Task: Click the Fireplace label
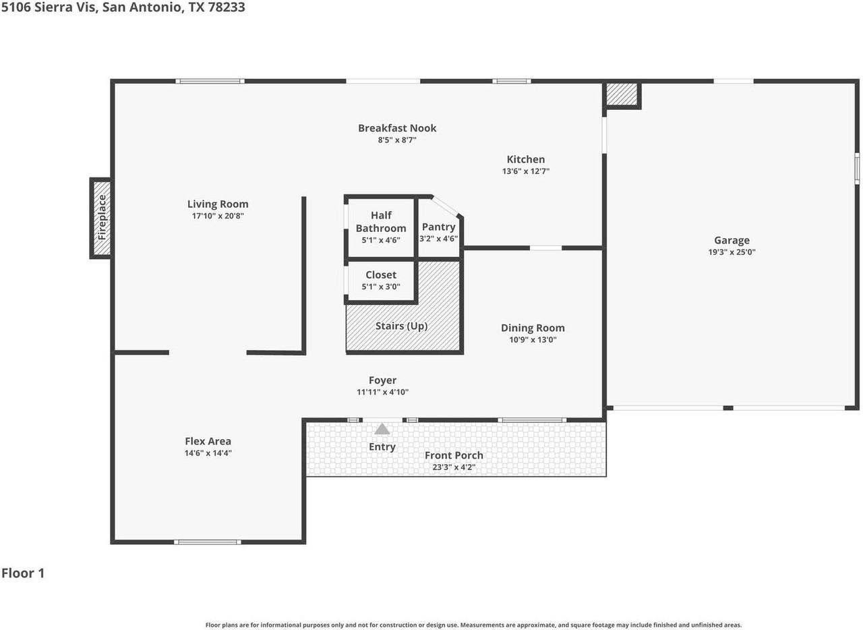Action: [x=102, y=217]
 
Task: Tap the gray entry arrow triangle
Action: [x=382, y=429]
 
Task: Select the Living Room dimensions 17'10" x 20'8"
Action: [x=218, y=216]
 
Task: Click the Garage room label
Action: [x=732, y=240]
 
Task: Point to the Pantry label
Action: [x=438, y=227]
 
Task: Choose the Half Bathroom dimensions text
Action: [x=381, y=240]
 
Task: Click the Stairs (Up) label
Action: [x=401, y=326]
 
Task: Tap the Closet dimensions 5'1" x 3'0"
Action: [x=381, y=287]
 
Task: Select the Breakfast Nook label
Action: [x=397, y=128]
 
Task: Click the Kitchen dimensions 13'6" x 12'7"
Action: [x=525, y=171]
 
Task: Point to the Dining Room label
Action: [x=533, y=328]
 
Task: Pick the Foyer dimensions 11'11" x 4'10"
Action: [x=382, y=392]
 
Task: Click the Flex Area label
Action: [x=208, y=441]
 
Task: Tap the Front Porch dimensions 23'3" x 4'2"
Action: [x=454, y=467]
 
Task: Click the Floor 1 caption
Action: [x=23, y=573]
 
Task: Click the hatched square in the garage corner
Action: [x=622, y=94]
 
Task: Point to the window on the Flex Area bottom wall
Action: [x=208, y=542]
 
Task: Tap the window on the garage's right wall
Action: [x=857, y=169]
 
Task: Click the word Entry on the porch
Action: [x=382, y=447]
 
